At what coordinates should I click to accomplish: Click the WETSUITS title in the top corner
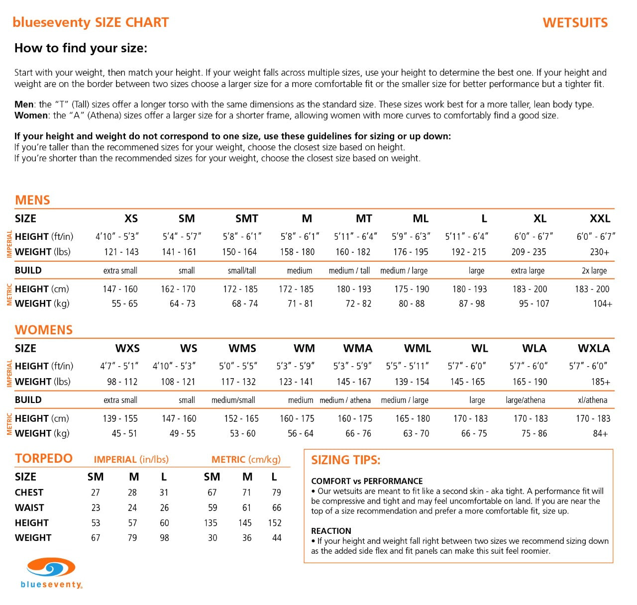[x=575, y=23]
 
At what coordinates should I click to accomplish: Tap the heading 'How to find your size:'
[x=81, y=48]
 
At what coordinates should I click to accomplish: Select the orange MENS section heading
[x=32, y=200]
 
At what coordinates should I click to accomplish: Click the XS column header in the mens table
[x=131, y=218]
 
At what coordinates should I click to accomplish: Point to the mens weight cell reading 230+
[x=599, y=252]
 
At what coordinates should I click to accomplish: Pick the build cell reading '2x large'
[x=594, y=271]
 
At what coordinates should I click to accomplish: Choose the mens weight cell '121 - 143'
[x=121, y=252]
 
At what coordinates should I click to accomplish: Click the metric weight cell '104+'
[x=602, y=303]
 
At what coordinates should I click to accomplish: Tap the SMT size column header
[x=247, y=218]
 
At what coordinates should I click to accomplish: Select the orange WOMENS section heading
[x=44, y=330]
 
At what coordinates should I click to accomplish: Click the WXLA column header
[x=594, y=348]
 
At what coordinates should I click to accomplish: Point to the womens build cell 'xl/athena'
[x=592, y=400]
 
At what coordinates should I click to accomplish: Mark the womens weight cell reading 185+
[x=600, y=382]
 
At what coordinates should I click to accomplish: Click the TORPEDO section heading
[x=44, y=458]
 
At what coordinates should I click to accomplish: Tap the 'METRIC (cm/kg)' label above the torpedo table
[x=246, y=459]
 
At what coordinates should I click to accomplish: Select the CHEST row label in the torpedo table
[x=29, y=493]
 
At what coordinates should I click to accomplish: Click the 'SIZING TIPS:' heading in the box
[x=345, y=460]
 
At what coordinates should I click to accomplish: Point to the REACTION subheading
[x=331, y=531]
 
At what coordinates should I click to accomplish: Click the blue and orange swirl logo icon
[x=51, y=568]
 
